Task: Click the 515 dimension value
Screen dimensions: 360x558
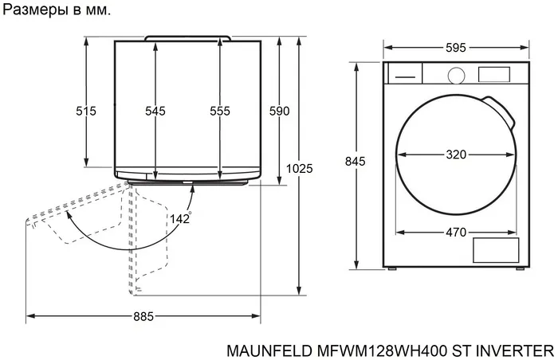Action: (x=86, y=112)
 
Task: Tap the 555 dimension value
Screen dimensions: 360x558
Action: (x=220, y=112)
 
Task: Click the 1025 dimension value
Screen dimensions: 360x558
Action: (x=300, y=168)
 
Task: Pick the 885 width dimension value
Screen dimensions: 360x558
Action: (x=143, y=316)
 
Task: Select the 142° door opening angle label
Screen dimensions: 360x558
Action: (x=180, y=218)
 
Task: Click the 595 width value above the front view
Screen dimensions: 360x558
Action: (x=455, y=48)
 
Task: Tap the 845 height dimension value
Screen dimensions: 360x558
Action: (x=355, y=162)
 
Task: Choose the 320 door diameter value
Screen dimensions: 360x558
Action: (x=455, y=155)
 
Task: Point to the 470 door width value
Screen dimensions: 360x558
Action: (x=455, y=233)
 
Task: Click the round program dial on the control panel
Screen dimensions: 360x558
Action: (x=456, y=75)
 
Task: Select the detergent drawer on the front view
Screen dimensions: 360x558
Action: (x=403, y=74)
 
